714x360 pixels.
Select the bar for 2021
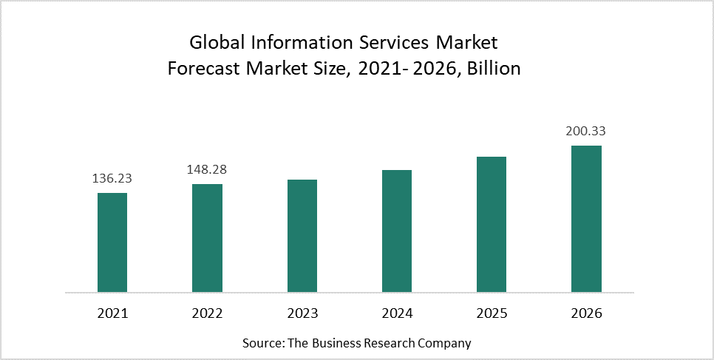[x=112, y=242]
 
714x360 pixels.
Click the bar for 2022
[x=207, y=238]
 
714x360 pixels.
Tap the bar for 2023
[x=302, y=236]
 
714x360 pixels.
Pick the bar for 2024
[x=397, y=231]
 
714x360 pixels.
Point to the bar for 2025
[x=492, y=224]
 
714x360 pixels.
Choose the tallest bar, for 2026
[x=586, y=219]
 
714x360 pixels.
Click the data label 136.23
[x=112, y=178]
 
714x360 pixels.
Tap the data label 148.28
[x=207, y=169]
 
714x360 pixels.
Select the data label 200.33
[x=586, y=131]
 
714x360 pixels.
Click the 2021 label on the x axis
[x=112, y=313]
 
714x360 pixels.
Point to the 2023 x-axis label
[x=302, y=313]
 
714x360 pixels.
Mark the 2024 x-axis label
[x=397, y=313]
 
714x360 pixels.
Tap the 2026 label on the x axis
[x=586, y=313]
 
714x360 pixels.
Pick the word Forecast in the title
[x=202, y=69]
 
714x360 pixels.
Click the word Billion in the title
[x=495, y=69]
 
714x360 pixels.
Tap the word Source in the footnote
[x=260, y=343]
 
